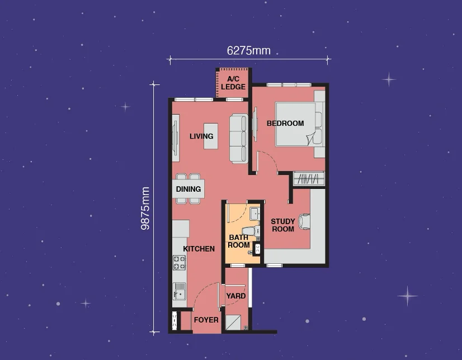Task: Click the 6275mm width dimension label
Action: pyautogui.click(x=249, y=51)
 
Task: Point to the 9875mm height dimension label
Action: pyautogui.click(x=145, y=209)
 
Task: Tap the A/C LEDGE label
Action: pyautogui.click(x=233, y=83)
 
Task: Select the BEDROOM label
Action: pyautogui.click(x=285, y=124)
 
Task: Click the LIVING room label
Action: pyautogui.click(x=201, y=136)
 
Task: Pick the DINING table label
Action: pyautogui.click(x=188, y=189)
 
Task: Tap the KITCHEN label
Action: pyautogui.click(x=199, y=249)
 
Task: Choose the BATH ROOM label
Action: pyautogui.click(x=239, y=241)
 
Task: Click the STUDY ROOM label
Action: pyautogui.click(x=283, y=225)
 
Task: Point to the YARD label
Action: pyautogui.click(x=236, y=296)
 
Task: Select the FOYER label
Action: pyautogui.click(x=206, y=320)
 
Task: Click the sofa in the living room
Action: pyautogui.click(x=239, y=138)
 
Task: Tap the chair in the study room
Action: pyautogui.click(x=304, y=221)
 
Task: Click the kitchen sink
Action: pyautogui.click(x=180, y=291)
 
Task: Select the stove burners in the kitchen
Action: pyautogui.click(x=179, y=263)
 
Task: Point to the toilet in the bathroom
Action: pyautogui.click(x=251, y=231)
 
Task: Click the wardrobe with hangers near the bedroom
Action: pyautogui.click(x=309, y=178)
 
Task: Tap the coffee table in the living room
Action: pyautogui.click(x=211, y=136)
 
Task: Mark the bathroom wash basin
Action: pyautogui.click(x=254, y=214)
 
